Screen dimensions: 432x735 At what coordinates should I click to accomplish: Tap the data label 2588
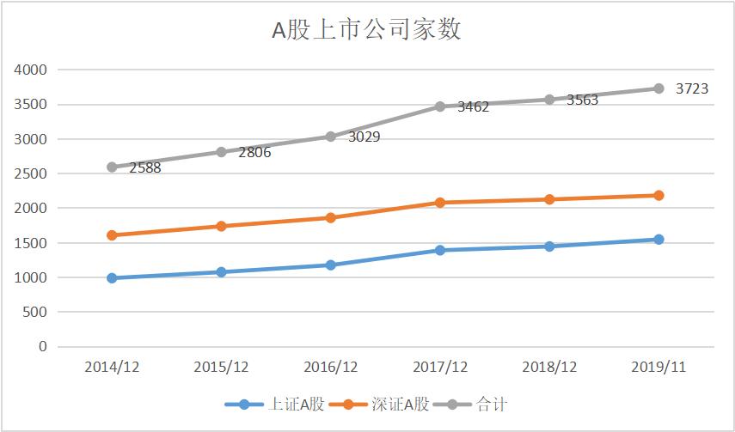click(x=145, y=167)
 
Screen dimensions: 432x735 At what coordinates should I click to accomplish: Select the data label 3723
click(x=692, y=88)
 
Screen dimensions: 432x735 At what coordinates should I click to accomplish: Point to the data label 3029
click(x=364, y=137)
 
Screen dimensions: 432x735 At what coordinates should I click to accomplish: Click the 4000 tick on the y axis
click(x=31, y=70)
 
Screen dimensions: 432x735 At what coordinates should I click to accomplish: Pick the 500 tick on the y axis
click(x=34, y=313)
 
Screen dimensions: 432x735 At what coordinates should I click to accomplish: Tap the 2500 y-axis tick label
click(x=31, y=173)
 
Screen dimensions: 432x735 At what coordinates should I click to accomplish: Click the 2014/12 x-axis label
click(x=112, y=367)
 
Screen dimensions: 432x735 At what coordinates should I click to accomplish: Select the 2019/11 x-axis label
click(x=658, y=367)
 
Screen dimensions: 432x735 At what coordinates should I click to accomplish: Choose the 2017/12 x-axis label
click(x=440, y=367)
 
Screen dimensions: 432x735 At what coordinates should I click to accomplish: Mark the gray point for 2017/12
click(x=440, y=106)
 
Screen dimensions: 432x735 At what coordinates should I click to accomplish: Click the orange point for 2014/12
click(x=112, y=235)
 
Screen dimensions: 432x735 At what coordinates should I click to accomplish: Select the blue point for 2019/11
click(x=658, y=240)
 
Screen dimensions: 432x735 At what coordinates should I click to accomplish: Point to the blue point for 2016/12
click(x=331, y=265)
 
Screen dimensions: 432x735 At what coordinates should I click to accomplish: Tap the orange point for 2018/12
click(x=549, y=199)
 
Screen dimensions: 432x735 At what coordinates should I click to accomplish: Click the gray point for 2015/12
click(x=221, y=152)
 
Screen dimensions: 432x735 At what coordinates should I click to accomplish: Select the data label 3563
click(x=582, y=100)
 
